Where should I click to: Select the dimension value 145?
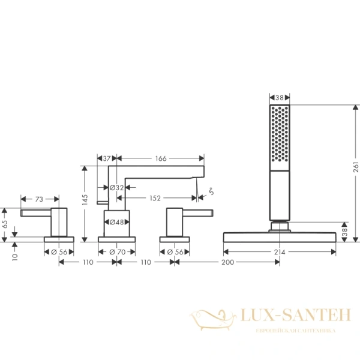click(x=86, y=198)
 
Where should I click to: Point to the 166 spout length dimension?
click(x=160, y=158)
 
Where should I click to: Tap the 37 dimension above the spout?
click(x=107, y=158)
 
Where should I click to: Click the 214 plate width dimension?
click(x=280, y=252)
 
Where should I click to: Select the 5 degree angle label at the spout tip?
click(x=211, y=192)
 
